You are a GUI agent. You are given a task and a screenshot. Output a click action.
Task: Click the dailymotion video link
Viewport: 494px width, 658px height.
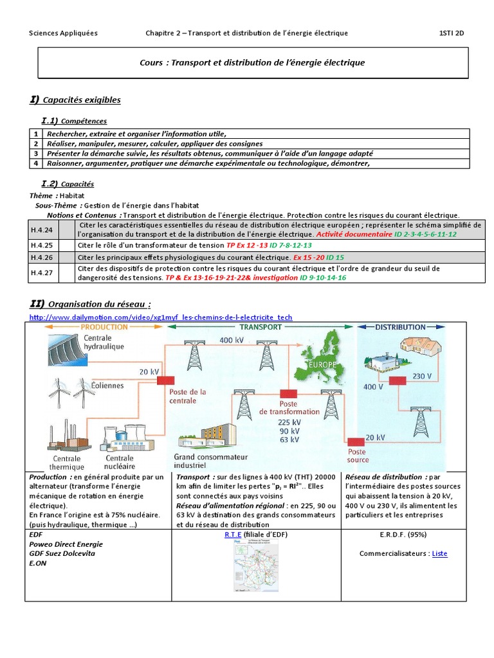point(161,317)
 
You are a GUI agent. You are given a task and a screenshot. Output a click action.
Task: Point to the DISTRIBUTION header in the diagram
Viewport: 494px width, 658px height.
point(401,327)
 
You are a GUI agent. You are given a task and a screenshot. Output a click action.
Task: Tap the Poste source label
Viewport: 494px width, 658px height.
point(358,456)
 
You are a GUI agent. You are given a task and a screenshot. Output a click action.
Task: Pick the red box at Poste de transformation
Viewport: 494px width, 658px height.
point(288,393)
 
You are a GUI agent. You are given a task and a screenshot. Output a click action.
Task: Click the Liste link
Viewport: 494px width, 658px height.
point(440,553)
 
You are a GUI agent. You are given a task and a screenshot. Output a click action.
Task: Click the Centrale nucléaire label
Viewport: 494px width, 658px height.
point(120,462)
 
